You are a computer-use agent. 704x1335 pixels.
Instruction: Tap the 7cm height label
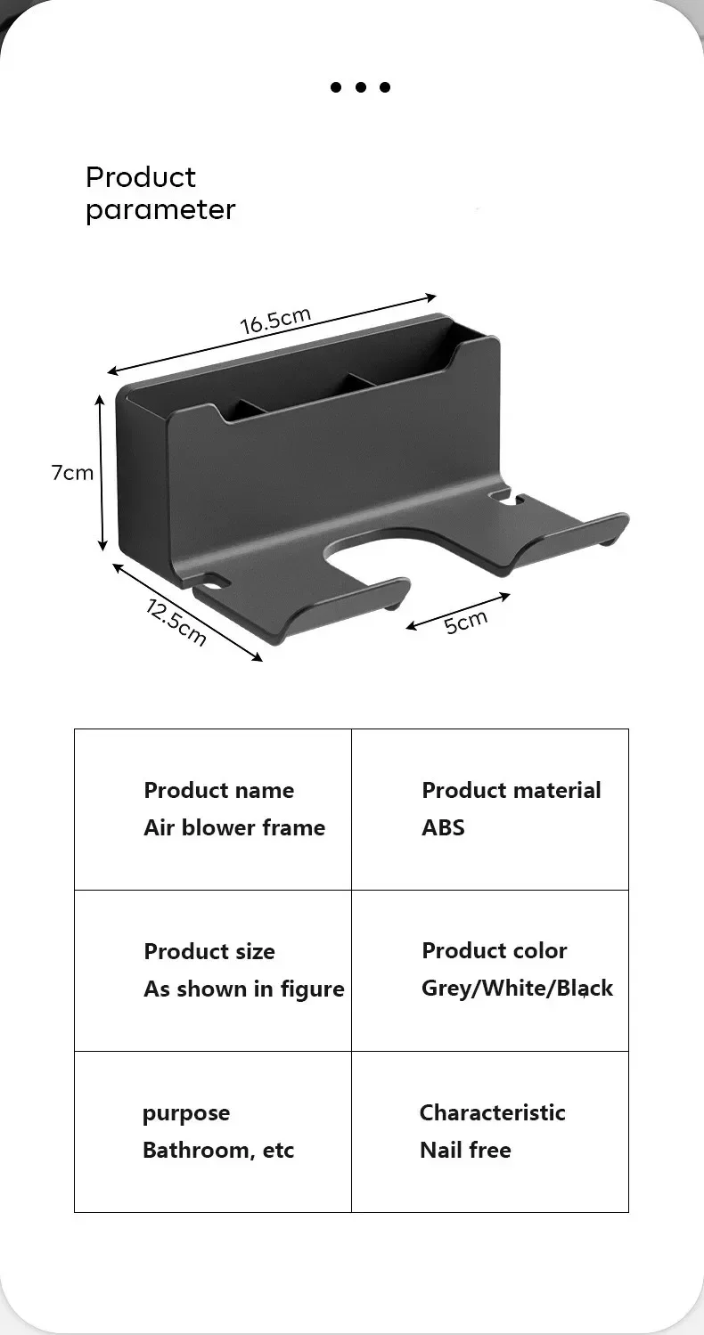click(x=72, y=473)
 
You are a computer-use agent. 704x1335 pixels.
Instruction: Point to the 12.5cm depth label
click(x=176, y=621)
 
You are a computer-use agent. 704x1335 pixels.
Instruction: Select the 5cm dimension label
click(x=466, y=622)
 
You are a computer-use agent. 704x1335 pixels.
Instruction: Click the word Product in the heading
click(x=141, y=177)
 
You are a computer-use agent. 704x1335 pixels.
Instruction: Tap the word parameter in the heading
click(x=160, y=210)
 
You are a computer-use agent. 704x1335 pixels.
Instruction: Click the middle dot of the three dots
click(x=361, y=87)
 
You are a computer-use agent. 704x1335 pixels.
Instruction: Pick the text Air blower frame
click(x=234, y=827)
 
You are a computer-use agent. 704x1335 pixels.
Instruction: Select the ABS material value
click(x=443, y=827)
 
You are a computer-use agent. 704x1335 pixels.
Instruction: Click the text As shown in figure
click(x=243, y=989)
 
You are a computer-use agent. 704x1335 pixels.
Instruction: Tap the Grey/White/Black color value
click(x=517, y=988)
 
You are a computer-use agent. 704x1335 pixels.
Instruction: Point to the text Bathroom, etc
click(x=218, y=1150)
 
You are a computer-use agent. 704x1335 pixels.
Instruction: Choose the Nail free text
click(x=465, y=1150)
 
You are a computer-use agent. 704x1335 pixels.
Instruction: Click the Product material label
click(x=511, y=790)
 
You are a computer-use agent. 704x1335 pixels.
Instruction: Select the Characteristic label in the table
click(x=492, y=1112)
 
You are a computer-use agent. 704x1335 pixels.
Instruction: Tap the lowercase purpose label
click(x=186, y=1113)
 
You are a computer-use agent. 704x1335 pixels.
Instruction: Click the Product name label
click(x=218, y=790)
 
